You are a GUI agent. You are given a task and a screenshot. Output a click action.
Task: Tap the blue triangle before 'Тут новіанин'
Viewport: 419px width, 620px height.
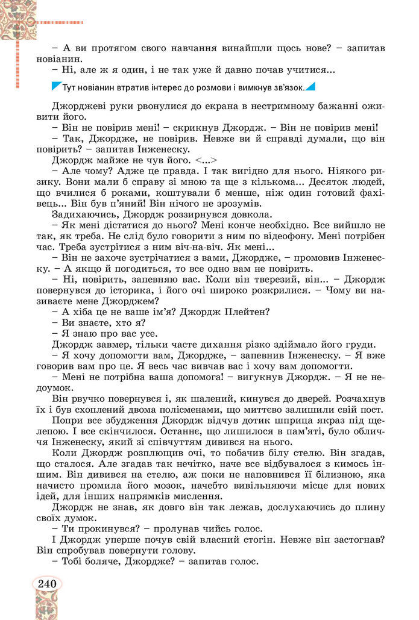(x=56, y=86)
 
